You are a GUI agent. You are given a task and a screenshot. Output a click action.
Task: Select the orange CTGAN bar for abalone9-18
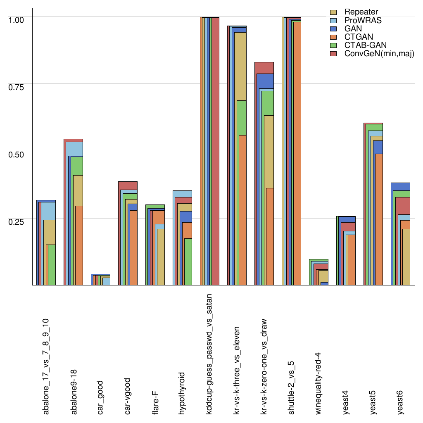[79, 245]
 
